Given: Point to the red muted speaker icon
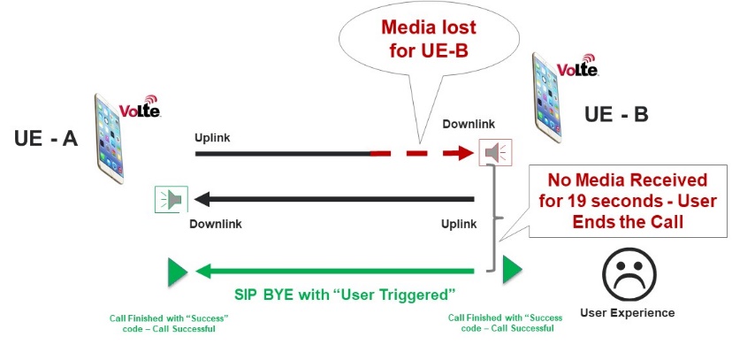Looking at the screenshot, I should tap(494, 153).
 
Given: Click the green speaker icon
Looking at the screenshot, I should tap(168, 199).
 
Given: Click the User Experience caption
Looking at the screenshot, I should tap(627, 312).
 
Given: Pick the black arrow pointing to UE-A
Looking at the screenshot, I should tap(336, 199).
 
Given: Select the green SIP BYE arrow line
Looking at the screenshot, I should tap(345, 271).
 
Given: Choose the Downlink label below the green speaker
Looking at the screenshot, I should tap(216, 224).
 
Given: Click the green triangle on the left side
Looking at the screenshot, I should tap(177, 271).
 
